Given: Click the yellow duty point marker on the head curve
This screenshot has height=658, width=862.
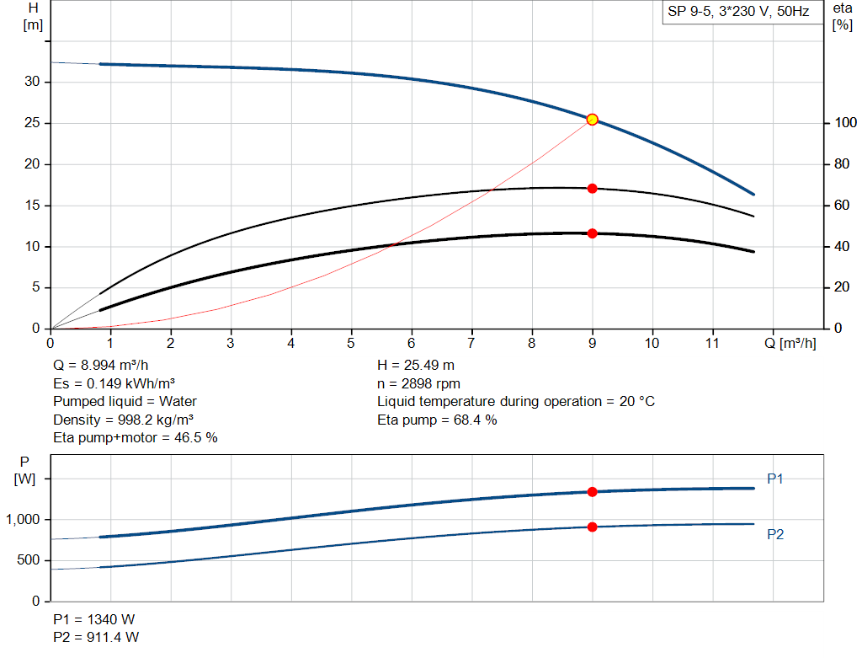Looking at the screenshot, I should pyautogui.click(x=592, y=120).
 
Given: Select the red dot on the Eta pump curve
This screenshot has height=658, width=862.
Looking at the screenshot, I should pyautogui.click(x=592, y=189).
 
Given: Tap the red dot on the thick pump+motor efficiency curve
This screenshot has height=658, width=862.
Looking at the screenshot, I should pyautogui.click(x=592, y=233).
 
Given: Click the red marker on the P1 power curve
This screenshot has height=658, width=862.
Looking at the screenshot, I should pyautogui.click(x=592, y=492).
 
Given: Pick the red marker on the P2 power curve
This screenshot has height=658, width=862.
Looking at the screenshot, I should pyautogui.click(x=592, y=527).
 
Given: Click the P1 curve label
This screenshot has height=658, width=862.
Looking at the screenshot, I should pyautogui.click(x=775, y=479).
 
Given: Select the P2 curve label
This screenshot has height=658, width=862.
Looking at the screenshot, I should pyautogui.click(x=775, y=534).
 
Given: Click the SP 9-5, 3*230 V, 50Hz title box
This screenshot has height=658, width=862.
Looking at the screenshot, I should pyautogui.click(x=738, y=13).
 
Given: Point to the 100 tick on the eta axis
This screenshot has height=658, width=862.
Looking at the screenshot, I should pyautogui.click(x=843, y=124).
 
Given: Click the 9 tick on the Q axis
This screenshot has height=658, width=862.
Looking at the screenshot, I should pyautogui.click(x=592, y=343).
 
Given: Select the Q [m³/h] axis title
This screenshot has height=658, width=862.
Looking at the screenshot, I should pyautogui.click(x=790, y=343).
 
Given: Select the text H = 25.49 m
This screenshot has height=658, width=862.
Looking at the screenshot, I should pyautogui.click(x=418, y=365).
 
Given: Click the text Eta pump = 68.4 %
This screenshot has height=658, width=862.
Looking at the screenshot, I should pyautogui.click(x=437, y=420).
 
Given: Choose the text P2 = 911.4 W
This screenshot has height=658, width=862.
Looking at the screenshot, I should pyautogui.click(x=96, y=637).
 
